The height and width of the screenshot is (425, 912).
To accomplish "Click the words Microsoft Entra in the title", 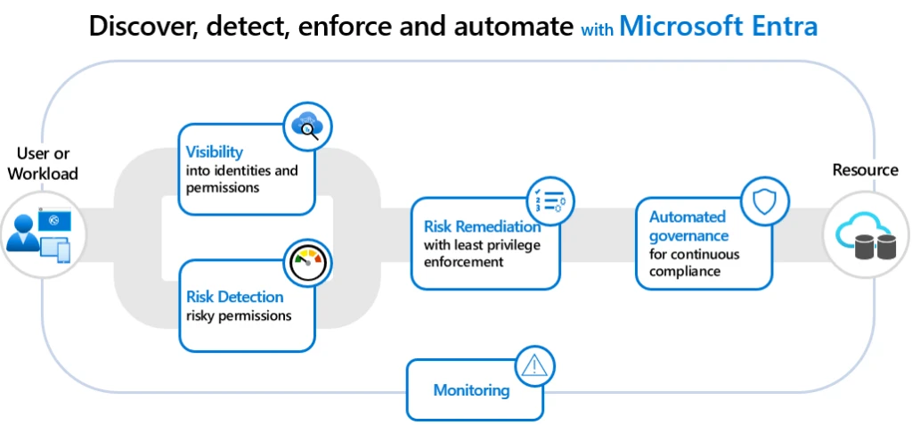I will (718, 26).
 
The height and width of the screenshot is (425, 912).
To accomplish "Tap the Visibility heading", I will (215, 152).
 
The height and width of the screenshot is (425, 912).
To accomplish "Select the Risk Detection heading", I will (235, 297).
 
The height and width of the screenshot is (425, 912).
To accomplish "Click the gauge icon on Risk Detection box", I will (307, 262).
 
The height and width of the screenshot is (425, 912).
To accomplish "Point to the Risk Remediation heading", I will (482, 226).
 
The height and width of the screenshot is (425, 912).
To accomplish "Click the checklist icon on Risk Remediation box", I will (550, 200).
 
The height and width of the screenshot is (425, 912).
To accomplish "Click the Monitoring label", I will (471, 390).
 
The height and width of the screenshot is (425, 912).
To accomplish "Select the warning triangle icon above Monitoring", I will (535, 365).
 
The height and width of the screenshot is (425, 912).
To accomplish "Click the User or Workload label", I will (43, 164).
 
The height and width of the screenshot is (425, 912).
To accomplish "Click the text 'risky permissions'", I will (239, 315).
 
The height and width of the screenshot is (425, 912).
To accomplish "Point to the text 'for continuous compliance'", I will (694, 263).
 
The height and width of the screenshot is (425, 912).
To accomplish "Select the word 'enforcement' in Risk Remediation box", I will (464, 262).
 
